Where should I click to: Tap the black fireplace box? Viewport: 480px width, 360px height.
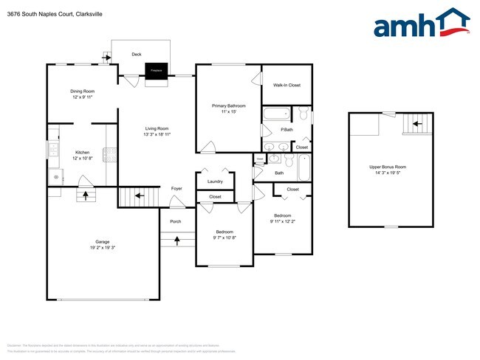click(x=156, y=70)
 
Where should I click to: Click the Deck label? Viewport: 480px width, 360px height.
click(x=137, y=54)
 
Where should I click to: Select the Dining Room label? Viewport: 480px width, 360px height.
click(x=82, y=91)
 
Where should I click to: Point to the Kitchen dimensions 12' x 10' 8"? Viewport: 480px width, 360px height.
click(x=82, y=159)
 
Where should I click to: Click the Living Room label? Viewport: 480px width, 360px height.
click(x=157, y=128)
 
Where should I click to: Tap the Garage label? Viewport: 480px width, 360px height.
click(x=102, y=241)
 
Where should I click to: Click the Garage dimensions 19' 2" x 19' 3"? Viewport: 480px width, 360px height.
click(x=102, y=248)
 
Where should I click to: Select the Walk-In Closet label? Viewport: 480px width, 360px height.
click(x=287, y=85)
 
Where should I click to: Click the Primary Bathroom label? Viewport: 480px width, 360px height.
click(x=229, y=105)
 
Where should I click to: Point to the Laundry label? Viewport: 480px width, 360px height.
click(x=216, y=181)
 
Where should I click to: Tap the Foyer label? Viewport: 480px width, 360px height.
click(x=176, y=188)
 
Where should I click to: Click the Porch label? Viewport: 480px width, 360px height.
click(x=176, y=221)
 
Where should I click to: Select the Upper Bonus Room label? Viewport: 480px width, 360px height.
click(x=388, y=167)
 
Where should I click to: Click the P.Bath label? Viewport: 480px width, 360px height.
click(x=287, y=130)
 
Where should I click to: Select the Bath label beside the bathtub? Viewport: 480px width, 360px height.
click(x=279, y=173)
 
